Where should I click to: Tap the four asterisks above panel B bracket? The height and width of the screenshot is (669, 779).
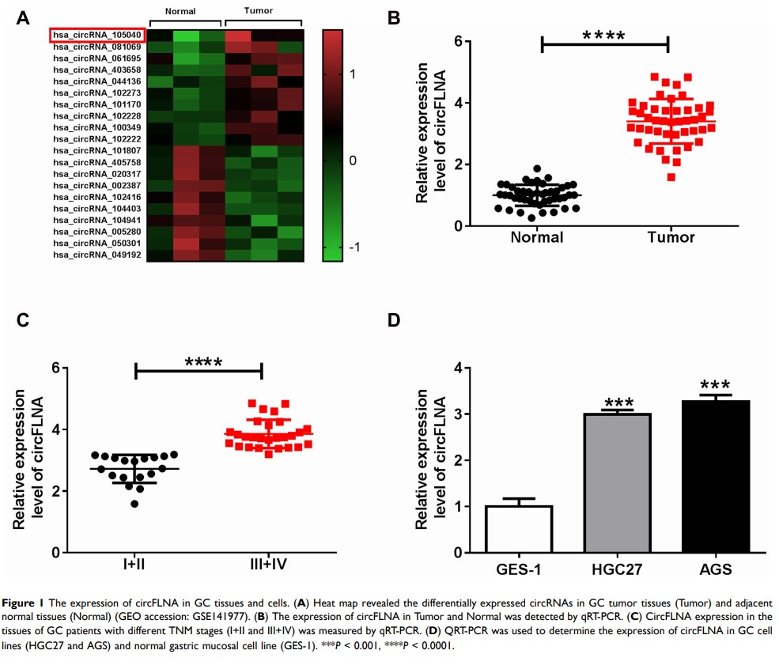603,35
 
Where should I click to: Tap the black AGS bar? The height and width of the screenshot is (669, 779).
714,476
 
